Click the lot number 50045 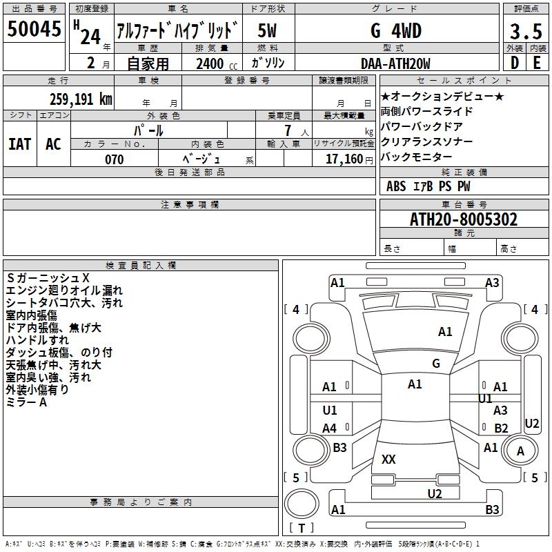tap(34, 29)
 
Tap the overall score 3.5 tap(526, 31)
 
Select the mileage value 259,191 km tap(81, 99)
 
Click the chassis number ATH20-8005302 tap(464, 219)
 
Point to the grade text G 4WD tap(396, 30)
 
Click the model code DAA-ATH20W tap(395, 63)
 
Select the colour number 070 tap(115, 159)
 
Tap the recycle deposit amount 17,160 tap(344, 159)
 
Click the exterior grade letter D tap(515, 63)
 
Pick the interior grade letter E tap(537, 63)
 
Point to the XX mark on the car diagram tap(388, 459)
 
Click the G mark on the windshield tap(436, 364)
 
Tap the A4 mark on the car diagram tap(330, 428)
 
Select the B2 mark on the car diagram tap(501, 428)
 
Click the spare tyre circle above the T tap(302, 504)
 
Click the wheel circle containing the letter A tap(520, 451)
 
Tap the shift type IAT tap(19, 144)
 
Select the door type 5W tap(267, 30)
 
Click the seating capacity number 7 tap(288, 130)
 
